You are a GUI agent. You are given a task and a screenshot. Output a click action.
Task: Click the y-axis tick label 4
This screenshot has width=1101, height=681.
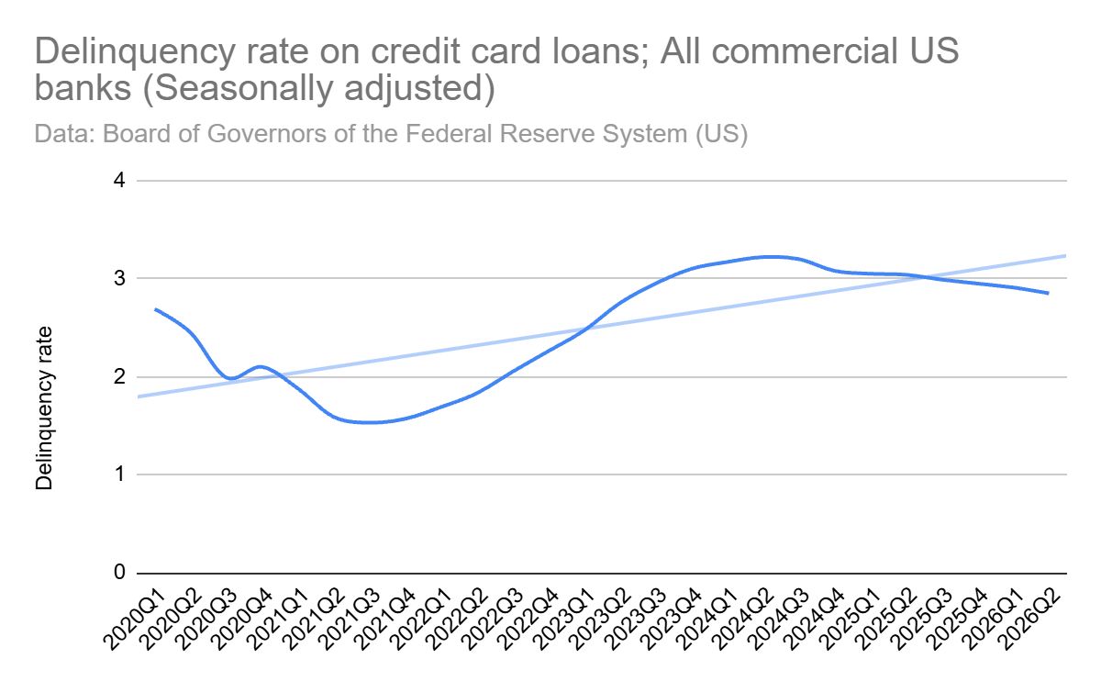pos(119,181)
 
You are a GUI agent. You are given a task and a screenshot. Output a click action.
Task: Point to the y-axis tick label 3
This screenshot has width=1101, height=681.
pos(119,278)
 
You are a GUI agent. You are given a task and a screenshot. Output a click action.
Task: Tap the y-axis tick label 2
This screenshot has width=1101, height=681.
pos(119,377)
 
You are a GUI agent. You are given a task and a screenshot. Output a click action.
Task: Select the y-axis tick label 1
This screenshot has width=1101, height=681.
pos(119,474)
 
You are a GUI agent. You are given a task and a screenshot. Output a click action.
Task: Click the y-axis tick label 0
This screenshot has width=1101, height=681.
pos(119,573)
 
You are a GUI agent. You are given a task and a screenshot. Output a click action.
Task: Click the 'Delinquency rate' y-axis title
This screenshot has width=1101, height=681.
pos(44,408)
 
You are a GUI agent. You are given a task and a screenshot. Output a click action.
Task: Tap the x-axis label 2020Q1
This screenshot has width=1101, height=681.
pos(135,619)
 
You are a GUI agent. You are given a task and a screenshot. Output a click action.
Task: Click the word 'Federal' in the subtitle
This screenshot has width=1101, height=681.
pos(449,133)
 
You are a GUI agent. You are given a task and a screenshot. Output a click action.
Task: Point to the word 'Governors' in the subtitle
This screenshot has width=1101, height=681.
pos(265,133)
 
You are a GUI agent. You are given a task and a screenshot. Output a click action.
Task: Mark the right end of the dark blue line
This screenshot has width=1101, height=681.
pos(1048,294)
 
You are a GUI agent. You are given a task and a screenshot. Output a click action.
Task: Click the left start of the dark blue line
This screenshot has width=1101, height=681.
pos(155,309)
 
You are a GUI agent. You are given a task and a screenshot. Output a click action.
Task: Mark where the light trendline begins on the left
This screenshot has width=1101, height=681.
pos(139,396)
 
